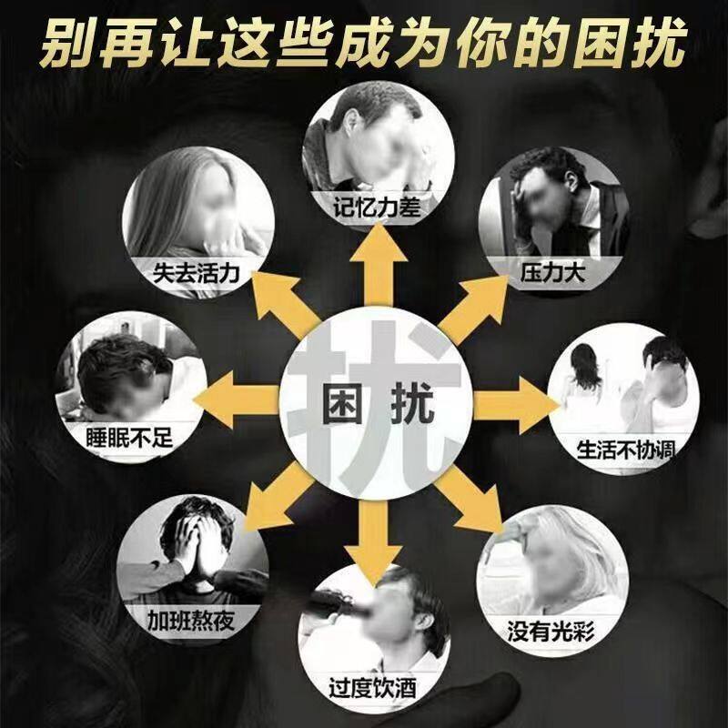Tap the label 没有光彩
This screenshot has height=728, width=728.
point(552,628)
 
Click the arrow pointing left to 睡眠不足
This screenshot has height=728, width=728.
point(238,397)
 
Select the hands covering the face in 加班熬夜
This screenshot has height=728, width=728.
point(198,546)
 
